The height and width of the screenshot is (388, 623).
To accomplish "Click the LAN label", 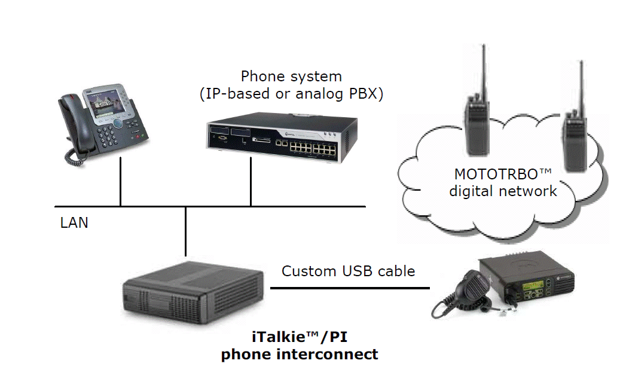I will click(x=74, y=223).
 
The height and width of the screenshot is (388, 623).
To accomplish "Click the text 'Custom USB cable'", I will click(x=348, y=271).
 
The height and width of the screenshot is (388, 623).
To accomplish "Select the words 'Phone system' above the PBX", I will click(x=291, y=77).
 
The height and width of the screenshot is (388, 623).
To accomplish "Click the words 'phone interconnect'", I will click(x=299, y=354).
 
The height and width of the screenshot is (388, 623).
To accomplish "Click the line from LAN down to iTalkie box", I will click(x=185, y=230).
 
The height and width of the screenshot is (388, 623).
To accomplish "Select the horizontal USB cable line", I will click(x=350, y=288).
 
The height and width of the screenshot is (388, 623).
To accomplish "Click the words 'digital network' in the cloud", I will click(x=503, y=191).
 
